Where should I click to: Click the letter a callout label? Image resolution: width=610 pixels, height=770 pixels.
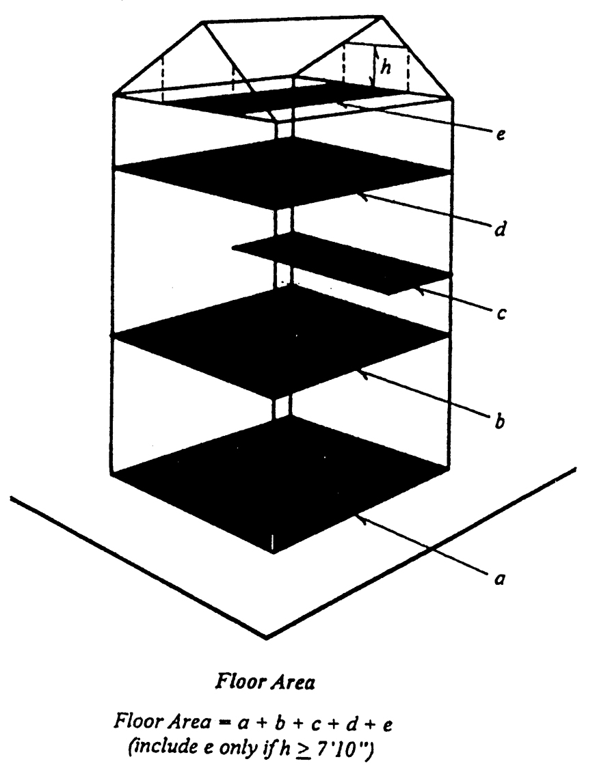pos(499,579)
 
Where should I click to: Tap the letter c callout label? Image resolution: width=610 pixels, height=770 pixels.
pos(501,315)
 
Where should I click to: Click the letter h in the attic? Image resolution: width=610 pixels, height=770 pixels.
pos(386,70)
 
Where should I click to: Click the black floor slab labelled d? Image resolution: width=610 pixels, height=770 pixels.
pos(280,171)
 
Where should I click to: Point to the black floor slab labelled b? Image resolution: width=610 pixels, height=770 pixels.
pos(280,335)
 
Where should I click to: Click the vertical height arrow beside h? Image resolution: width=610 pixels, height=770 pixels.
pos(373,65)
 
